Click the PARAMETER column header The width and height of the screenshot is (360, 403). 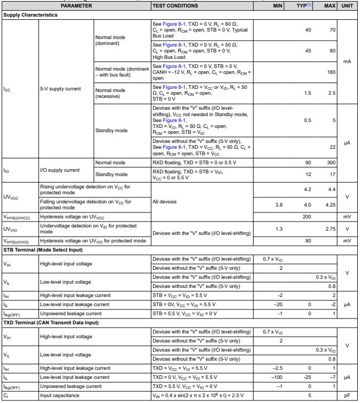click(76, 5)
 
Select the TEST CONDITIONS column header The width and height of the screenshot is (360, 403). click(175, 5)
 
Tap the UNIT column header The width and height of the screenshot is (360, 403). click(347, 5)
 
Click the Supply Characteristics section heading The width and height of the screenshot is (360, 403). click(30, 15)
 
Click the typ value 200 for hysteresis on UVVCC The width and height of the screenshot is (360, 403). click(307, 217)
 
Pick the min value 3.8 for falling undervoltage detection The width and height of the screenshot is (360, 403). click(279, 205)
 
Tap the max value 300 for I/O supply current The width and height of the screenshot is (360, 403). click(331, 162)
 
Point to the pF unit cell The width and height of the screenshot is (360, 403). click(347, 396)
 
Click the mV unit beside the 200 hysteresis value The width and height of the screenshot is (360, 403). click(347, 217)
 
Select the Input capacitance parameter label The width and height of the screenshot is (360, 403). click(60, 396)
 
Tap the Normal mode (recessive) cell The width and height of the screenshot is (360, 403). click(111, 93)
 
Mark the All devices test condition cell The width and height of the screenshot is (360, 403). click(164, 202)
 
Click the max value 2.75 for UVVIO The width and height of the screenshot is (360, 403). click(330, 229)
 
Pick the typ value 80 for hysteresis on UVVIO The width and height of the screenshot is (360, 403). click(308, 241)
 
